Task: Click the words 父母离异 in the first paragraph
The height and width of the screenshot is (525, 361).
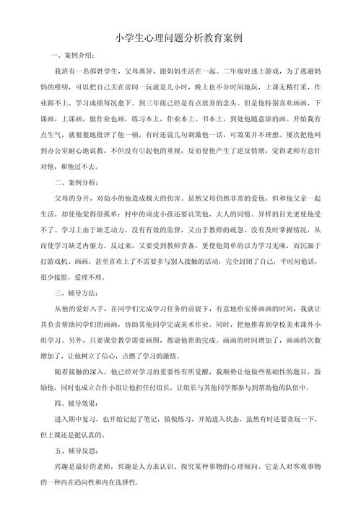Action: [149, 72]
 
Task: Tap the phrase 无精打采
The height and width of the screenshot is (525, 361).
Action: [290, 88]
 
